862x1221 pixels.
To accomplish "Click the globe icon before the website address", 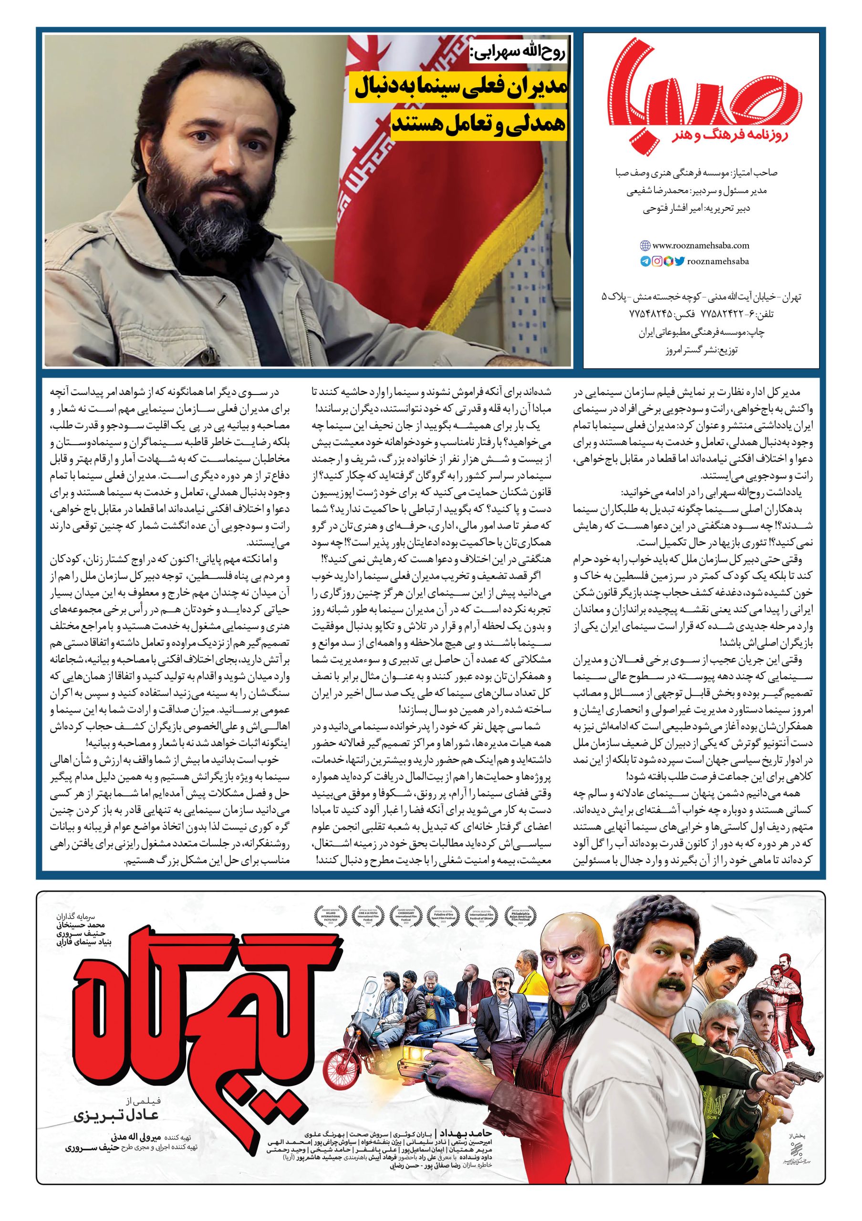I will pos(645,246).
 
